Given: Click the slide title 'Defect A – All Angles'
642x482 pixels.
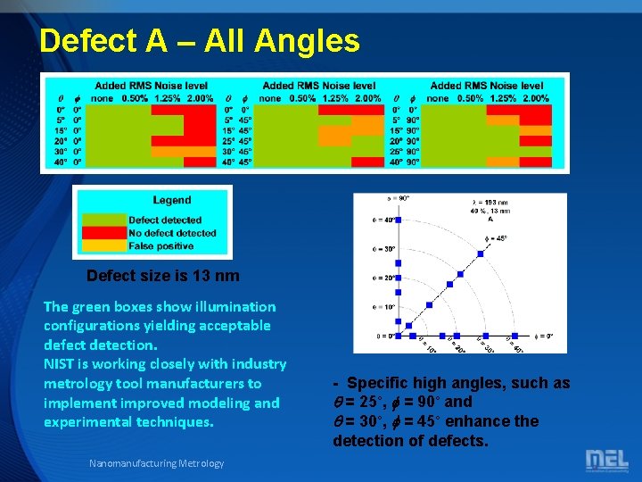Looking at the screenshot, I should coord(200,41).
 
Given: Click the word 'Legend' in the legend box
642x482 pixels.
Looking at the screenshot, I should coord(171,200).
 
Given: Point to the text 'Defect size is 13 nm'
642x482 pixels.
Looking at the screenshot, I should coord(163,276).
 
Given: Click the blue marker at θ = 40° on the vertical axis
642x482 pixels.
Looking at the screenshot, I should coord(399,220).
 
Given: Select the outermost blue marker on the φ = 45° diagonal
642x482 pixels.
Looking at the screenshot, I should coord(481,254).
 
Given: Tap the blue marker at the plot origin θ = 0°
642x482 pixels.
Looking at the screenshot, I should coord(399,337).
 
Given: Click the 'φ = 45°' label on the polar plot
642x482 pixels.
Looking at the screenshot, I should coord(497,238).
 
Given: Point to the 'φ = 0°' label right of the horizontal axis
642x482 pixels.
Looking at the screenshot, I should coord(545,337).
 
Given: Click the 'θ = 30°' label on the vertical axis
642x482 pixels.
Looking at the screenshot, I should coord(384,249).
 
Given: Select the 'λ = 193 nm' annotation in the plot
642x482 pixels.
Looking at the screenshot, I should coord(490,203).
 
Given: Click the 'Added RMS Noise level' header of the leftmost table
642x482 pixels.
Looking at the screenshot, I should coord(152,86).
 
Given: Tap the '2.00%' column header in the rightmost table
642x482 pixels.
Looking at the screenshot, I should coord(535,98).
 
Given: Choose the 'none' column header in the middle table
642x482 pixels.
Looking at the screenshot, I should coord(269,98).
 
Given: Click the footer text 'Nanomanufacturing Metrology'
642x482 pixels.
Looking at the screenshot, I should coord(157,462).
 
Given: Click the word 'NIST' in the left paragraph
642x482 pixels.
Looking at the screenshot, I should coord(62,364).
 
